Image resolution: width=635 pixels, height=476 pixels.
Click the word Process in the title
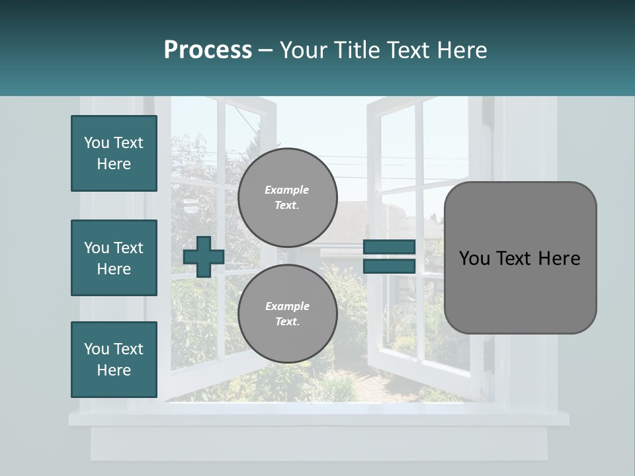[208, 50]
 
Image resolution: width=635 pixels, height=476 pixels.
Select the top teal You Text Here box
[114, 153]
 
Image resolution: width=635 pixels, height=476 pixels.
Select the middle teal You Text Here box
[114, 258]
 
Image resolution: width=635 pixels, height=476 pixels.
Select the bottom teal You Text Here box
[114, 360]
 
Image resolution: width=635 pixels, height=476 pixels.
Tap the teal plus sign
[203, 257]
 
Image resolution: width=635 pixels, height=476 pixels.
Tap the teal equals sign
[389, 257]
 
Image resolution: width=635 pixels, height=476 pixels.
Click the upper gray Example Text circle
[287, 198]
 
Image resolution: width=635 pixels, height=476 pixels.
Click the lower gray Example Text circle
[287, 314]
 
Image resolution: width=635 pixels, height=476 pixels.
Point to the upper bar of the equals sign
[389, 247]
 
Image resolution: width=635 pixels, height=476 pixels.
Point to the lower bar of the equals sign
[389, 266]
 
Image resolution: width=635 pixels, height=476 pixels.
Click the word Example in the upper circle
[287, 190]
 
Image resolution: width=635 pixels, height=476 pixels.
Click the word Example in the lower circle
[287, 306]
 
